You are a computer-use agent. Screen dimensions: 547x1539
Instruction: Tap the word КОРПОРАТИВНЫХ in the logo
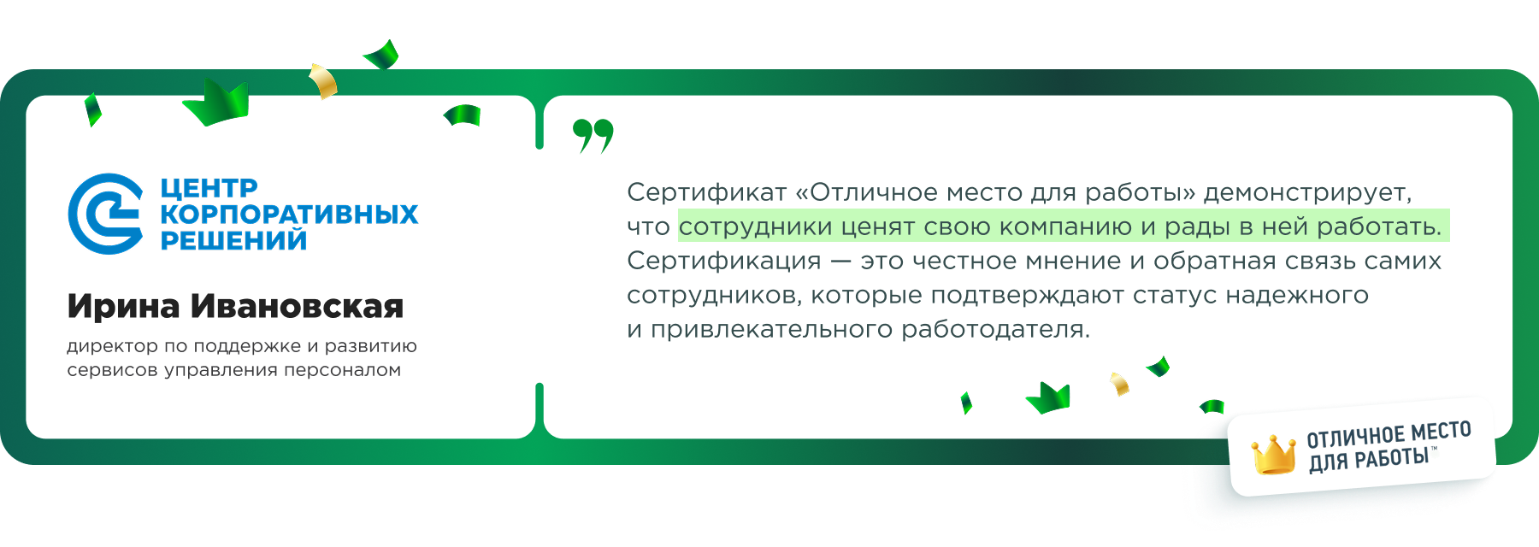[289, 214]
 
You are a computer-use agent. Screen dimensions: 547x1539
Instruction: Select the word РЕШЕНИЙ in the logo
[233, 240]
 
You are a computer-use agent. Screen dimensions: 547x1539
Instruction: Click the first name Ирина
[123, 306]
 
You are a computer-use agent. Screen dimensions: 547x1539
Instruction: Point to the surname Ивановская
[297, 306]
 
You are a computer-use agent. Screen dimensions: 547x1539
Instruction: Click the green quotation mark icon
[593, 135]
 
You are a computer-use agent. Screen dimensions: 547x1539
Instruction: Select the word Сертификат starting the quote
[706, 192]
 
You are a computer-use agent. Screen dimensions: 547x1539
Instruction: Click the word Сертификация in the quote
[723, 261]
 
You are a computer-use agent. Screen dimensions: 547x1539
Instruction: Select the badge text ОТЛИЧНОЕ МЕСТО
[1389, 434]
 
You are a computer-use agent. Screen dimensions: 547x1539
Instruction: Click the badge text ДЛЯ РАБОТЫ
[1368, 460]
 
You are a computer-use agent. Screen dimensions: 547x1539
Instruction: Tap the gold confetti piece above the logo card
[323, 80]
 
